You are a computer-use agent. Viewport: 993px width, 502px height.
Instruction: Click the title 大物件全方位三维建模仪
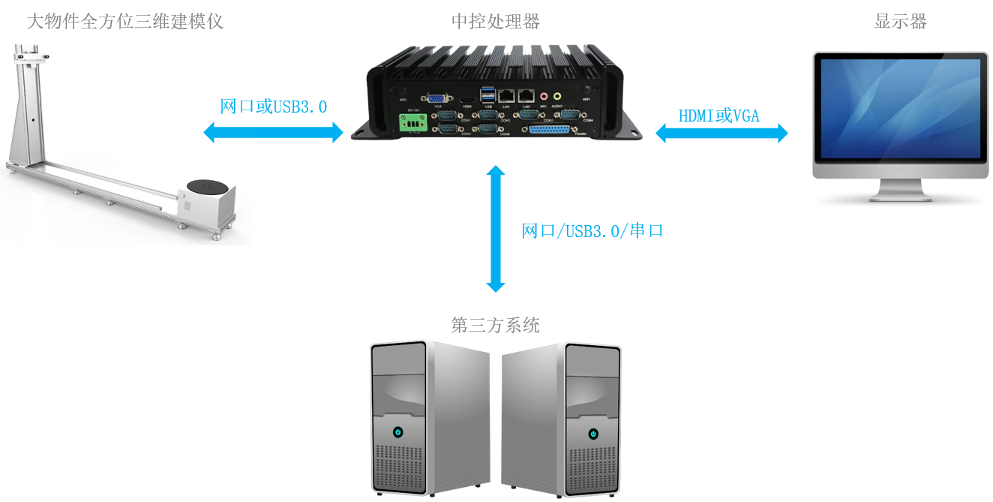[x=125, y=21]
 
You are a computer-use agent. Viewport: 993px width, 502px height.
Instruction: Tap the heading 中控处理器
[x=496, y=21]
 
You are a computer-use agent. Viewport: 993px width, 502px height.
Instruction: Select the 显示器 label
[x=901, y=21]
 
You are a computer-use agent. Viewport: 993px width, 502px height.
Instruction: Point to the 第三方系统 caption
[x=495, y=326]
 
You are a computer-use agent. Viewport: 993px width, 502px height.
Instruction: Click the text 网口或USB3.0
[x=274, y=107]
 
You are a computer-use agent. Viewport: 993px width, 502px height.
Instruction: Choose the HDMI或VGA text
[x=719, y=116]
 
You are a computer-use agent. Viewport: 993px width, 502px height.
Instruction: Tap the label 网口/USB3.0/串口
[x=592, y=230]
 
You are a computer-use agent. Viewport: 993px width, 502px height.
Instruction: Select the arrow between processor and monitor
[x=722, y=134]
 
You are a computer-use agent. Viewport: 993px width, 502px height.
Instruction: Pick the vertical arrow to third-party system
[x=495, y=229]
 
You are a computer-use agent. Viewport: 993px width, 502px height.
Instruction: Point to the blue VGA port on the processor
[x=434, y=98]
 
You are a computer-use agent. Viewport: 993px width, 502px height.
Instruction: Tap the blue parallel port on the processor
[x=549, y=130]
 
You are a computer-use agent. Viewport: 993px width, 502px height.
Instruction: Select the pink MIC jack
[x=543, y=97]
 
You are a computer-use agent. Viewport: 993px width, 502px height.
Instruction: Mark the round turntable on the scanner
[x=207, y=185]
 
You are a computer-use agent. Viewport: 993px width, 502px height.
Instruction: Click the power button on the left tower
[x=397, y=432]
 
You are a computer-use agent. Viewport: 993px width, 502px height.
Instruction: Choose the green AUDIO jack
[x=556, y=96]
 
